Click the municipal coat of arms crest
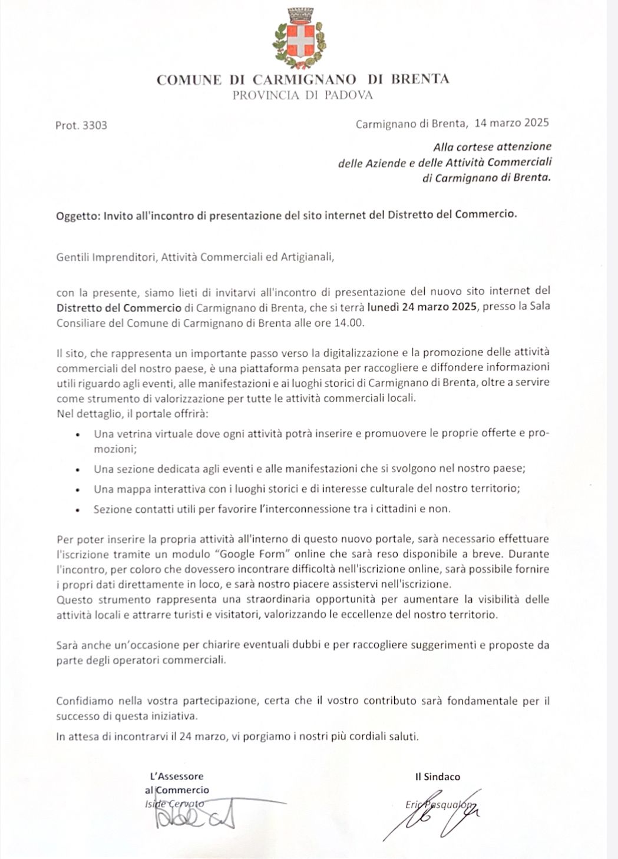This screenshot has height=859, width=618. coord(299,37)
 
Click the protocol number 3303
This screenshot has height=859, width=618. coord(95,125)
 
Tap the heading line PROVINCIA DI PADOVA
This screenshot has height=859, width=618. coord(302,95)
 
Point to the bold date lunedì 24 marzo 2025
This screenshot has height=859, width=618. coord(422,307)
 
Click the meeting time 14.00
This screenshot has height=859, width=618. coord(352,323)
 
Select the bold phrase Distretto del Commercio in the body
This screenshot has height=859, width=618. coord(119,307)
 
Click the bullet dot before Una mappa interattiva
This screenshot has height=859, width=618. coord(78,490)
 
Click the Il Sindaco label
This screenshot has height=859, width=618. coord(437,777)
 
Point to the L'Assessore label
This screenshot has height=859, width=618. coord(177,776)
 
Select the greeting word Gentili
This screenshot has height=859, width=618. coord(72,257)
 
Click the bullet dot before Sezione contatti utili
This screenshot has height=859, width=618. coord(78,510)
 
